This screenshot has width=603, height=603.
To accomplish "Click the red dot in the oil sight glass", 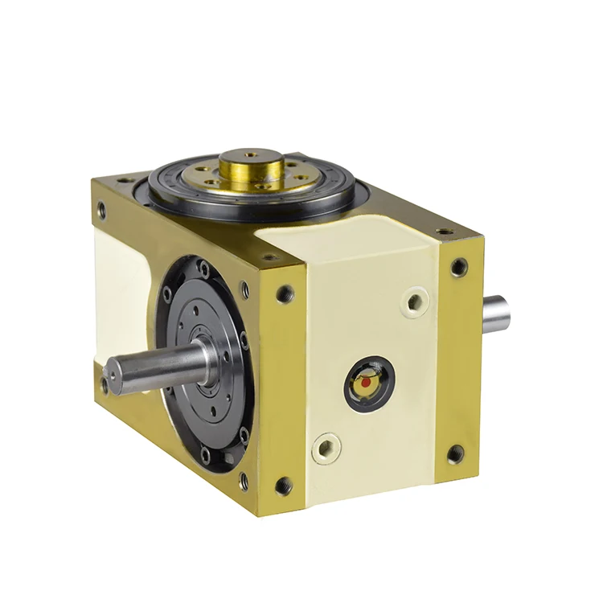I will (x=365, y=384).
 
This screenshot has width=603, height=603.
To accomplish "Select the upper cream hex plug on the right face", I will (x=416, y=303).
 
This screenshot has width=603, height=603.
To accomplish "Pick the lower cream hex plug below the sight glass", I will (x=326, y=447).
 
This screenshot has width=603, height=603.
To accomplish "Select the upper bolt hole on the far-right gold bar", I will (x=459, y=267).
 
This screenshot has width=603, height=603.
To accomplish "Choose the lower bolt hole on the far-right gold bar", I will (x=455, y=454).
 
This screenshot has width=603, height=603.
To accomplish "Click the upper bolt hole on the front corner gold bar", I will (x=285, y=294).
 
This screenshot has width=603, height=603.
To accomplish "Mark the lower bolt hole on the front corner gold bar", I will (x=283, y=486).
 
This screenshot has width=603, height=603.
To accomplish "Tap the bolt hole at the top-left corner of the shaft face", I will (x=101, y=211).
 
